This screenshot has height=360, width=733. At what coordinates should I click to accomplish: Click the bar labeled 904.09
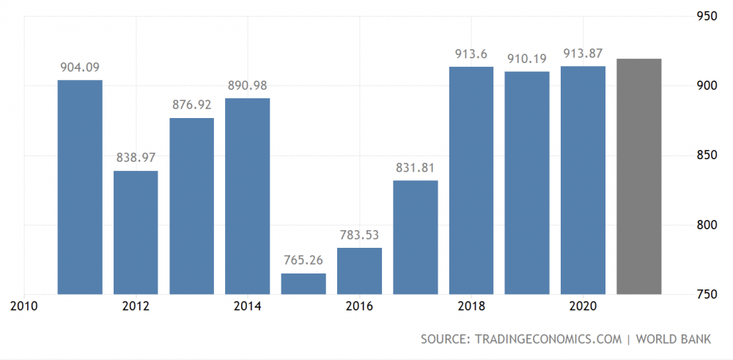80,187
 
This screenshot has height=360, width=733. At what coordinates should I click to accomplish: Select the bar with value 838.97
136,233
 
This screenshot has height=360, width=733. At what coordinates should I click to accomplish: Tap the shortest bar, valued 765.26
303,284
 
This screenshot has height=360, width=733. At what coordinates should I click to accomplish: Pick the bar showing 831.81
416,238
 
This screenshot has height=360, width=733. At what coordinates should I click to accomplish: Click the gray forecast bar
639,177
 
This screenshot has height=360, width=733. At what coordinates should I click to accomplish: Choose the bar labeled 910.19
527,183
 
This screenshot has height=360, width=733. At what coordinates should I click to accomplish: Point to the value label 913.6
471,54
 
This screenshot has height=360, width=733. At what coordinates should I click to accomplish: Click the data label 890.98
247,86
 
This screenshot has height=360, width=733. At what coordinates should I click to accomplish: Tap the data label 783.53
359,235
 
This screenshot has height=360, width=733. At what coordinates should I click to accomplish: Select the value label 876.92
191,105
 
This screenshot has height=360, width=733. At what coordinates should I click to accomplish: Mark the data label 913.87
583,53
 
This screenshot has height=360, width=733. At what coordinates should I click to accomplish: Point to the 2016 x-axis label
359,306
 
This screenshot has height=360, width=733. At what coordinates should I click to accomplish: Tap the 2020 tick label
583,306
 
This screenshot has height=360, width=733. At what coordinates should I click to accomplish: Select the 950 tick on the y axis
707,16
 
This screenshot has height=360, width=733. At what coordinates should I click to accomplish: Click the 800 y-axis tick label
707,225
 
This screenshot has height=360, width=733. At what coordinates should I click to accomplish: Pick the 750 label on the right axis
707,295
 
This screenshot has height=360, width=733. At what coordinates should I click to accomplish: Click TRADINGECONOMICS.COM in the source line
548,339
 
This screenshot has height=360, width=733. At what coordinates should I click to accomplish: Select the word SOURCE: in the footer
446,339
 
